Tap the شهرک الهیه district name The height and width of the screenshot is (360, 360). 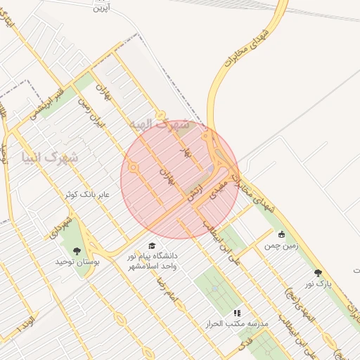pyautogui.click(x=160, y=124)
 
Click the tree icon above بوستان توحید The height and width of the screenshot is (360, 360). pyautogui.click(x=77, y=250)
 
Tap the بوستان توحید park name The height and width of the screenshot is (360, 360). pyautogui.click(x=75, y=262)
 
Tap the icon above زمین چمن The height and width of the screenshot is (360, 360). pyautogui.click(x=282, y=235)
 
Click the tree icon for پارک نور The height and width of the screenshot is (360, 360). pyautogui.click(x=318, y=272)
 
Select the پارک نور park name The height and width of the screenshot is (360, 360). pyautogui.click(x=317, y=283)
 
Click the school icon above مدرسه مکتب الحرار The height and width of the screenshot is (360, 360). pyautogui.click(x=237, y=313)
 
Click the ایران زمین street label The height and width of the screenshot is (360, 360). pyautogui.click(x=91, y=112)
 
